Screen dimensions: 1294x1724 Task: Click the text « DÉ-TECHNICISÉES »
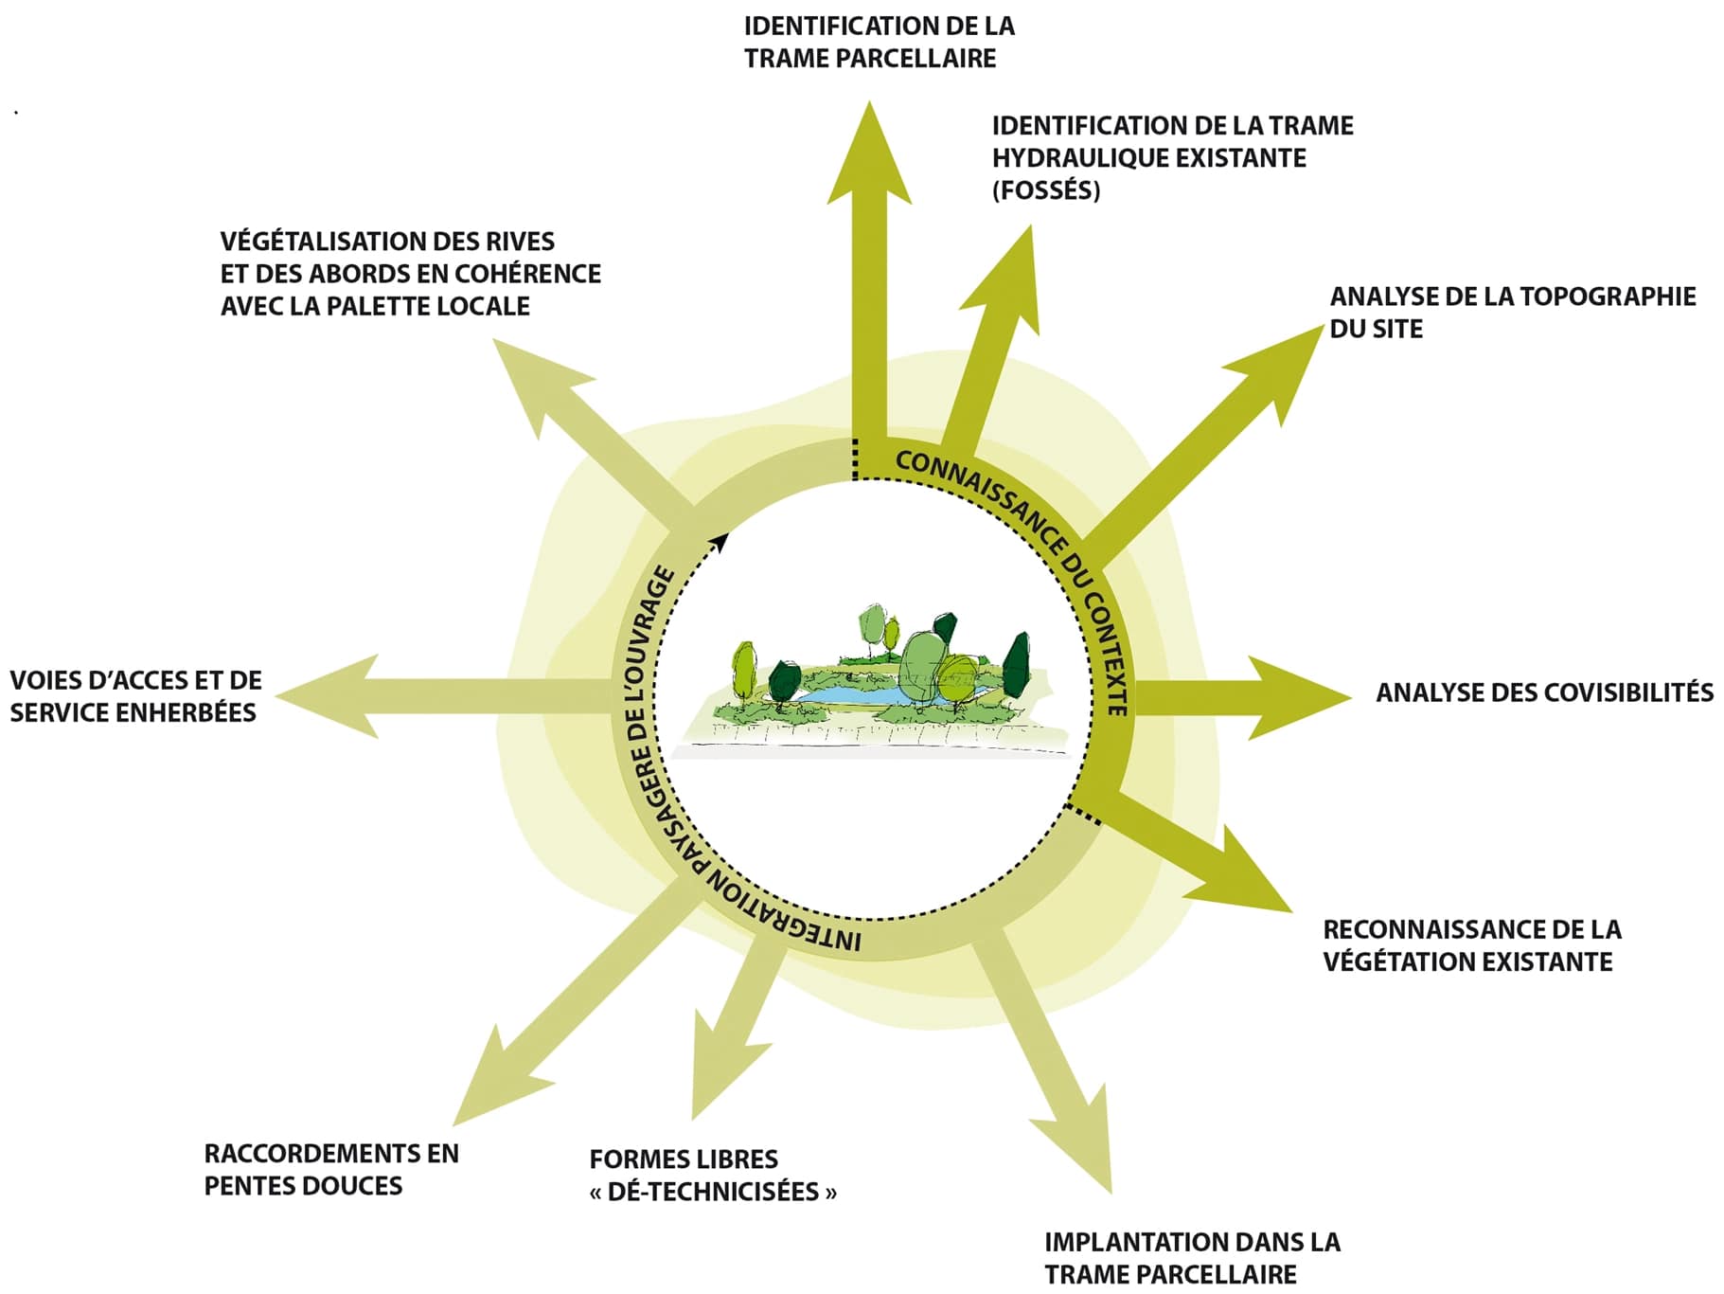tap(713, 1192)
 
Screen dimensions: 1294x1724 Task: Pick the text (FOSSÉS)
tap(1046, 190)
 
